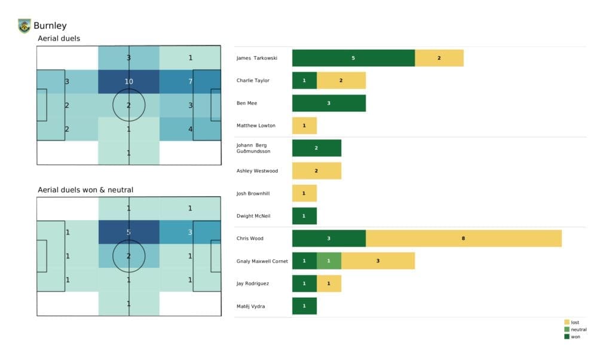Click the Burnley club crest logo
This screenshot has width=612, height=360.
point(24,26)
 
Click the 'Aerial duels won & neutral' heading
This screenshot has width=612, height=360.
point(85,190)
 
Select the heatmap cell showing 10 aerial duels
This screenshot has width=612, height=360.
point(128,81)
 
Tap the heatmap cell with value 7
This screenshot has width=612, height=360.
point(189,81)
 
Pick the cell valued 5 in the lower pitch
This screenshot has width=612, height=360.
point(128,232)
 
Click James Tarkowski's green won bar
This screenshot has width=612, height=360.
point(353,58)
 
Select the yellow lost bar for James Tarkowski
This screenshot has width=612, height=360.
point(439,58)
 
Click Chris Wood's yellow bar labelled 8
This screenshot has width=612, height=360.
point(464,238)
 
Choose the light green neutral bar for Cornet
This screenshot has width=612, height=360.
point(329,261)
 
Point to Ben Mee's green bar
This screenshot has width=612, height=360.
point(329,103)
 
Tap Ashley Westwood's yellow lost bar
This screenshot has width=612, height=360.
point(316,170)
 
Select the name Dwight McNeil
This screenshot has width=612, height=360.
point(253,216)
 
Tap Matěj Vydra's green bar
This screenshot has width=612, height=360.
point(304,306)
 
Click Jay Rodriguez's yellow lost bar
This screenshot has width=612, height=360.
point(329,283)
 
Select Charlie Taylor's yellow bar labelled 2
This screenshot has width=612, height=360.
point(341,80)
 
